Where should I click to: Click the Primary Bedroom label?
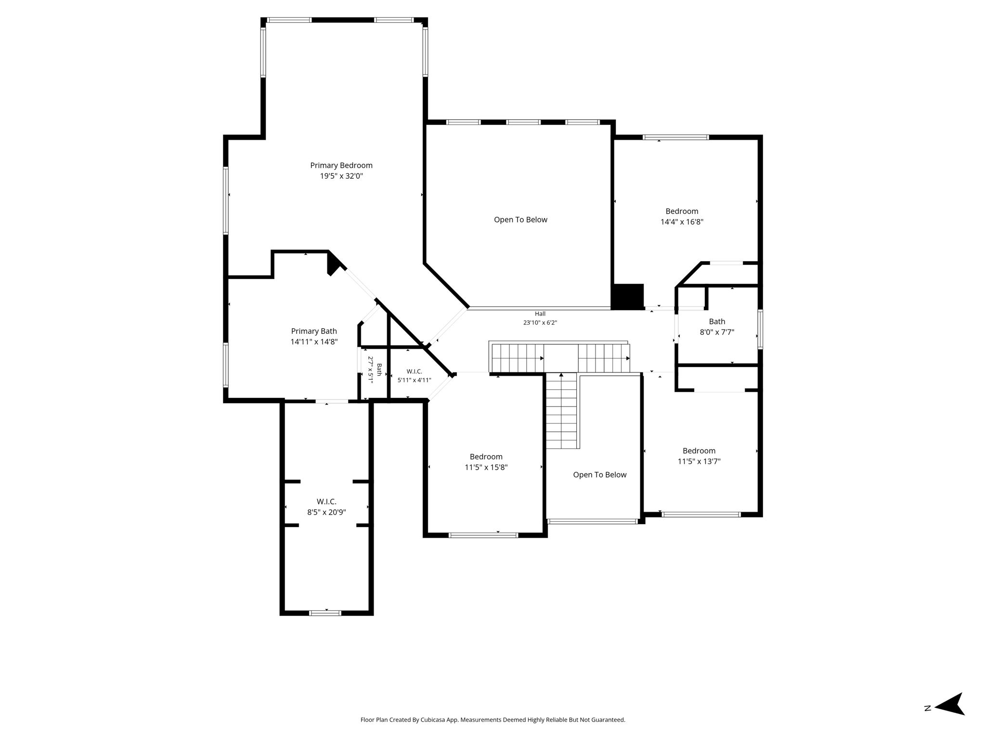[341, 166]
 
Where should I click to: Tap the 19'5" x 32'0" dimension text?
[341, 176]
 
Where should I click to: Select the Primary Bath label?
[314, 331]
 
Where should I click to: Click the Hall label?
[540, 314]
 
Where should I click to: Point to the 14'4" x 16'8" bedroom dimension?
[682, 222]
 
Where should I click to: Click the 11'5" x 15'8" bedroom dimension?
[486, 467]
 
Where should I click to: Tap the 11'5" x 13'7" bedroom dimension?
[699, 462]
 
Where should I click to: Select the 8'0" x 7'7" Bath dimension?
[717, 332]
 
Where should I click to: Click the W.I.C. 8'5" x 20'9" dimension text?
[327, 513]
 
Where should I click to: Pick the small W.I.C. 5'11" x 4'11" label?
[414, 376]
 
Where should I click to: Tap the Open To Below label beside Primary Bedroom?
[520, 220]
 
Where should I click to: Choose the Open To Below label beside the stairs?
[600, 475]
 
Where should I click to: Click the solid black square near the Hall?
[628, 296]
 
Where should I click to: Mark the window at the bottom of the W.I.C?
[325, 613]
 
